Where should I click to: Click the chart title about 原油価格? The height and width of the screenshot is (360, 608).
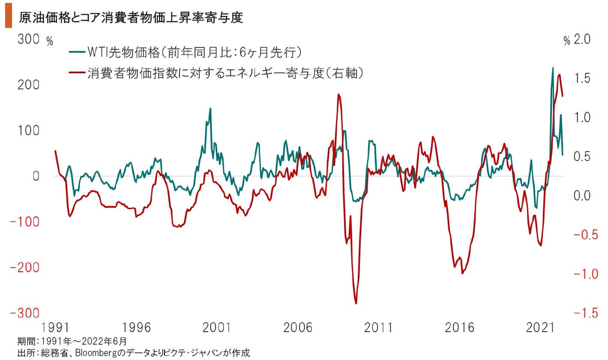131,18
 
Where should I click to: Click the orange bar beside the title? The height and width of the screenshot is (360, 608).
8,18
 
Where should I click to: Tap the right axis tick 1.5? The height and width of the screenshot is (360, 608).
582,78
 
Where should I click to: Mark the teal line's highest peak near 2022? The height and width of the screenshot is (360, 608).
552,68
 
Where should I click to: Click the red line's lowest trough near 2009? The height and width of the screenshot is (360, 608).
356,303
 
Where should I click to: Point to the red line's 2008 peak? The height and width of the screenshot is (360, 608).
338,94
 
